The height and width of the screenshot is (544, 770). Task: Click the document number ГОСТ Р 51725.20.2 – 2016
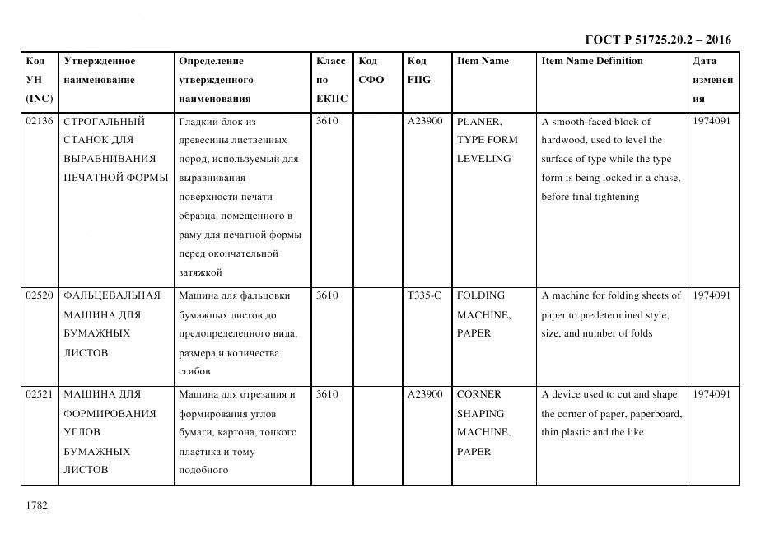point(657,40)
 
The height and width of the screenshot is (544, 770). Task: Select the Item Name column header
point(483,61)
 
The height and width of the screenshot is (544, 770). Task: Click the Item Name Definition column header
point(592,61)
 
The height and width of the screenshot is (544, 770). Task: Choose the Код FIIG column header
point(418,71)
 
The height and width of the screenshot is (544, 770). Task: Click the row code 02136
point(40,121)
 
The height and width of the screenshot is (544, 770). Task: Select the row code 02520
point(40,295)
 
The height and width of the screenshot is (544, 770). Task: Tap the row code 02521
point(40,394)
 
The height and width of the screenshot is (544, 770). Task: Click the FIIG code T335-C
point(424,295)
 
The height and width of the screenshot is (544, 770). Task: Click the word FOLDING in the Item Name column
point(482,295)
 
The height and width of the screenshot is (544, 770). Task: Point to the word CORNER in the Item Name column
point(479,394)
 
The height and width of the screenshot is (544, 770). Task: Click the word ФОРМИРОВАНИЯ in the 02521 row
point(110,413)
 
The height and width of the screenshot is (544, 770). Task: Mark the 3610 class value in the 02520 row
point(327,295)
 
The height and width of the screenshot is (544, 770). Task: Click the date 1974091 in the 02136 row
point(712,121)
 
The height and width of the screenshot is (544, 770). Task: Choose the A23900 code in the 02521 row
point(425,394)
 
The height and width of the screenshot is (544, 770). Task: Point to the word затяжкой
point(200,272)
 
